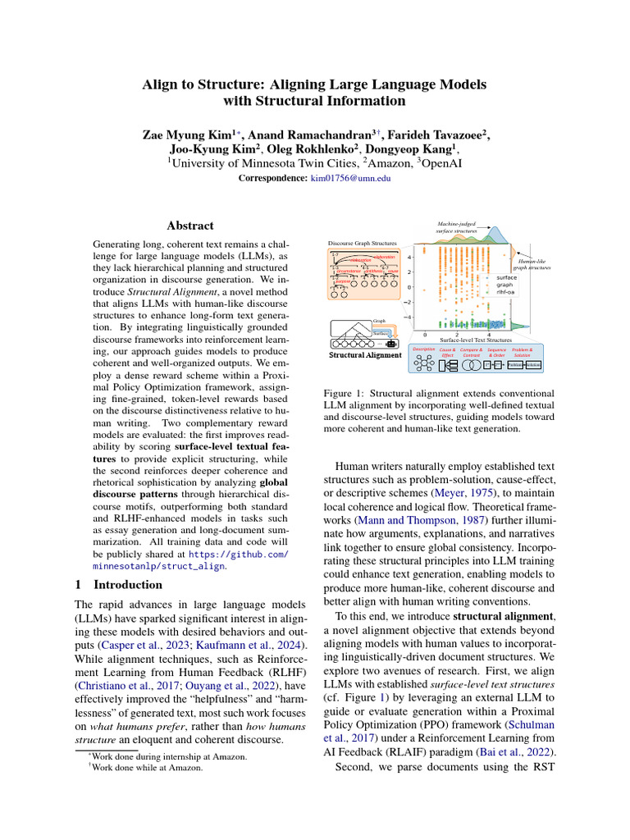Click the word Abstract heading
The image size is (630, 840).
coord(189,226)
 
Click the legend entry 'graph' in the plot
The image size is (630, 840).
coord(504,285)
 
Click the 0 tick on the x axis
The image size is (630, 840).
coord(424,335)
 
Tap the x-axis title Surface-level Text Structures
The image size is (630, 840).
coord(476,340)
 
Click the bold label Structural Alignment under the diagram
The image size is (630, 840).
coord(359,356)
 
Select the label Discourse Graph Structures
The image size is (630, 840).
coord(362,244)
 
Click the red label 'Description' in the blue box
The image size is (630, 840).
coord(423,349)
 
